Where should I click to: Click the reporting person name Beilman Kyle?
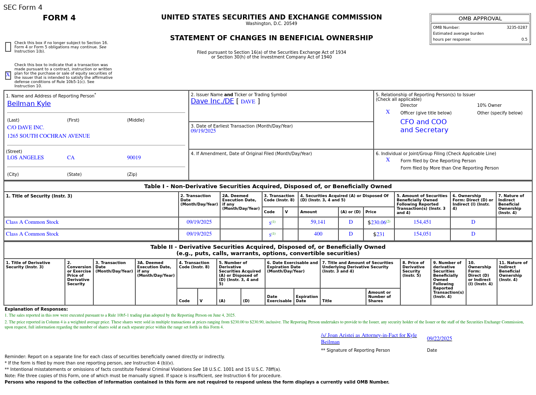(x=29, y=104)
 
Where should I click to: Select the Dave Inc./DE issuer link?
(x=212, y=101)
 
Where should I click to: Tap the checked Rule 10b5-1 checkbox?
(x=8, y=75)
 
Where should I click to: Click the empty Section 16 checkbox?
(x=8, y=47)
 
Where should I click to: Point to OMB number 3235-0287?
(x=516, y=28)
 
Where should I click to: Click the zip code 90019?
(x=134, y=158)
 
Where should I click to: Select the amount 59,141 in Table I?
(x=318, y=223)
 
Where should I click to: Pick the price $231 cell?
(x=379, y=234)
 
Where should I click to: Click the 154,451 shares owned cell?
(x=422, y=223)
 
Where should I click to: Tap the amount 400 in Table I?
(x=318, y=234)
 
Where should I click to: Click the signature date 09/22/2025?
(x=439, y=339)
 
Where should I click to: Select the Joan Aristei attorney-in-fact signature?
(x=368, y=339)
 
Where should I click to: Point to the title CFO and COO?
(x=423, y=122)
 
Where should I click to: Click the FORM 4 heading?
(x=59, y=18)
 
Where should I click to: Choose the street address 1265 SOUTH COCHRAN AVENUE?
(x=48, y=136)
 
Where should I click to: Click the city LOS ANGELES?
(x=25, y=158)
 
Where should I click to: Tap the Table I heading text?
(x=268, y=186)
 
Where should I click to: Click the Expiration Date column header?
(x=307, y=299)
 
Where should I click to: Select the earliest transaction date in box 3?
(x=203, y=131)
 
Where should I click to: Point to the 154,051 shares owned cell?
(x=422, y=234)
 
